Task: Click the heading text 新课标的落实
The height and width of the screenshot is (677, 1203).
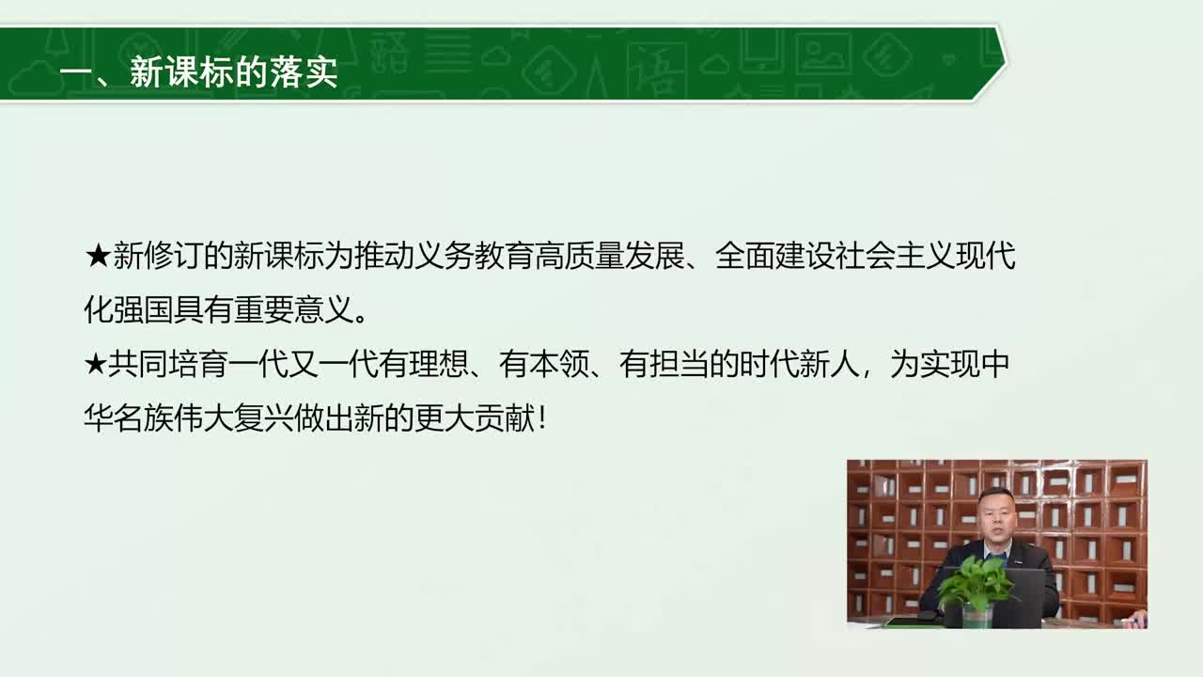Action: [x=234, y=71]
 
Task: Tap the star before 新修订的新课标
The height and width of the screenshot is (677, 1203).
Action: [x=98, y=256]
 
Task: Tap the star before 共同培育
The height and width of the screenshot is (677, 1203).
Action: [x=96, y=365]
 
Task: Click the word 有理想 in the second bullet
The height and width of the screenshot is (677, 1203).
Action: [x=424, y=365]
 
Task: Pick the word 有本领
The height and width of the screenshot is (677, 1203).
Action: [x=544, y=365]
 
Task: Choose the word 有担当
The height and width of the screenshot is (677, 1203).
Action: [x=664, y=365]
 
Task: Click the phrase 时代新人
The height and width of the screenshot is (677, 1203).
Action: [x=800, y=365]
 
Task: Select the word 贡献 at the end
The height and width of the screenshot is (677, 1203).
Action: [x=506, y=418]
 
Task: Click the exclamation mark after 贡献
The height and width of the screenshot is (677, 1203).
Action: [x=542, y=418]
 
